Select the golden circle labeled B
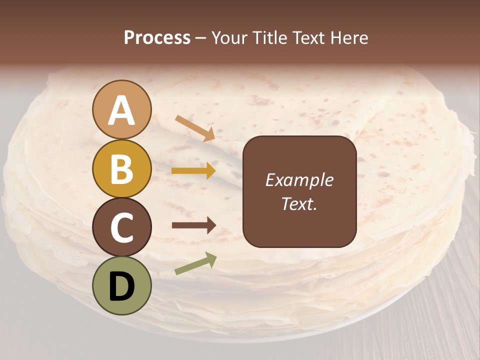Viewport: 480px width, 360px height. (122, 168)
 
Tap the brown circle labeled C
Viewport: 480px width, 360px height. (122, 227)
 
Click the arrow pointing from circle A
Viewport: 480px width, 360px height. (195, 128)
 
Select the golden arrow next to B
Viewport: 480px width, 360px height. (193, 171)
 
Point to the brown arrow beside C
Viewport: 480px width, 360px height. (193, 225)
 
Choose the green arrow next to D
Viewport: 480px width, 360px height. (195, 263)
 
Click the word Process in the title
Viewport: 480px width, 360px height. (157, 38)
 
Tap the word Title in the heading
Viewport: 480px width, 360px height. (271, 38)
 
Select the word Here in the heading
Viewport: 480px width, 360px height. (350, 38)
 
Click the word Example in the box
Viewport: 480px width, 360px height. (299, 180)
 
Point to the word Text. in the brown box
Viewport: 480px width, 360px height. (299, 204)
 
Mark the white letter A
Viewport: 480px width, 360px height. (122, 111)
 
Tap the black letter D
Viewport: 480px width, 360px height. (122, 287)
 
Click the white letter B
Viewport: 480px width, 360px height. (122, 169)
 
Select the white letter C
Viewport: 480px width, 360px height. (122, 227)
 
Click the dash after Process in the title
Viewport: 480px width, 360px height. (201, 38)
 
